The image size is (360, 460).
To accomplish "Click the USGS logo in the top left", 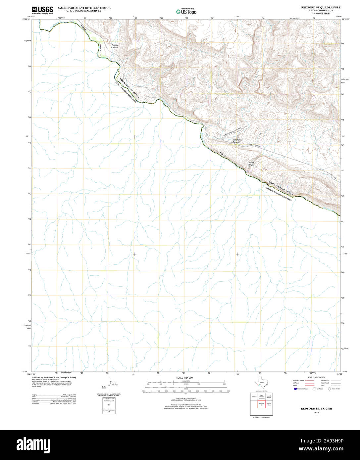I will click(42, 10).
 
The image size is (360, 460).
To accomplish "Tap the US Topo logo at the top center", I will click(186, 11).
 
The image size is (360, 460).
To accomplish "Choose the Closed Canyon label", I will click(251, 163).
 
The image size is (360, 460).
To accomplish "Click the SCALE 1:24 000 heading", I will click(184, 378).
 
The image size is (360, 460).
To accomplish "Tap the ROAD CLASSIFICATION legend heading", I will click(316, 377).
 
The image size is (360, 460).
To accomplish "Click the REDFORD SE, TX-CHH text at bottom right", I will click(316, 409).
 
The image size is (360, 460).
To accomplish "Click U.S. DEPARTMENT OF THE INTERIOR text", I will click(84, 7).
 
